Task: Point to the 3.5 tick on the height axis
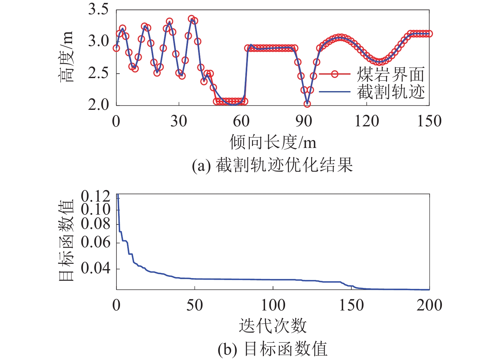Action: pyautogui.click(x=98, y=10)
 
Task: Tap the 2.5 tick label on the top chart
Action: pyautogui.click(x=98, y=73)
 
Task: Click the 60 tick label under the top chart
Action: pyautogui.click(x=241, y=121)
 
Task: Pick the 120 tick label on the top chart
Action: pyautogui.click(x=367, y=121)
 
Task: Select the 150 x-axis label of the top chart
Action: pyautogui.click(x=429, y=121)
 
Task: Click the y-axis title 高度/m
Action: pyautogui.click(x=66, y=57)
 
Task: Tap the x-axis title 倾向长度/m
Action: pyautogui.click(x=273, y=142)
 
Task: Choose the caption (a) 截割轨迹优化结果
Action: pyautogui.click(x=272, y=165)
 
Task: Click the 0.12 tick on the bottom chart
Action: pyautogui.click(x=96, y=197)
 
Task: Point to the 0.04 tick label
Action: pyautogui.click(x=96, y=268)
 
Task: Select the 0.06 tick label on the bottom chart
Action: pyautogui.click(x=96, y=243)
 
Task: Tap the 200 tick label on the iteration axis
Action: pyautogui.click(x=429, y=305)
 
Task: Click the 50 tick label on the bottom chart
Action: pyautogui.click(x=194, y=305)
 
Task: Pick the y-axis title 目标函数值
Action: pyautogui.click(x=66, y=240)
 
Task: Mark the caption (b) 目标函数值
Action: pyautogui.click(x=272, y=349)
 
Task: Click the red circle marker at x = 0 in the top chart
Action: pyautogui.click(x=117, y=48)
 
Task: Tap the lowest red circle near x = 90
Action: pyautogui.click(x=307, y=104)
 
